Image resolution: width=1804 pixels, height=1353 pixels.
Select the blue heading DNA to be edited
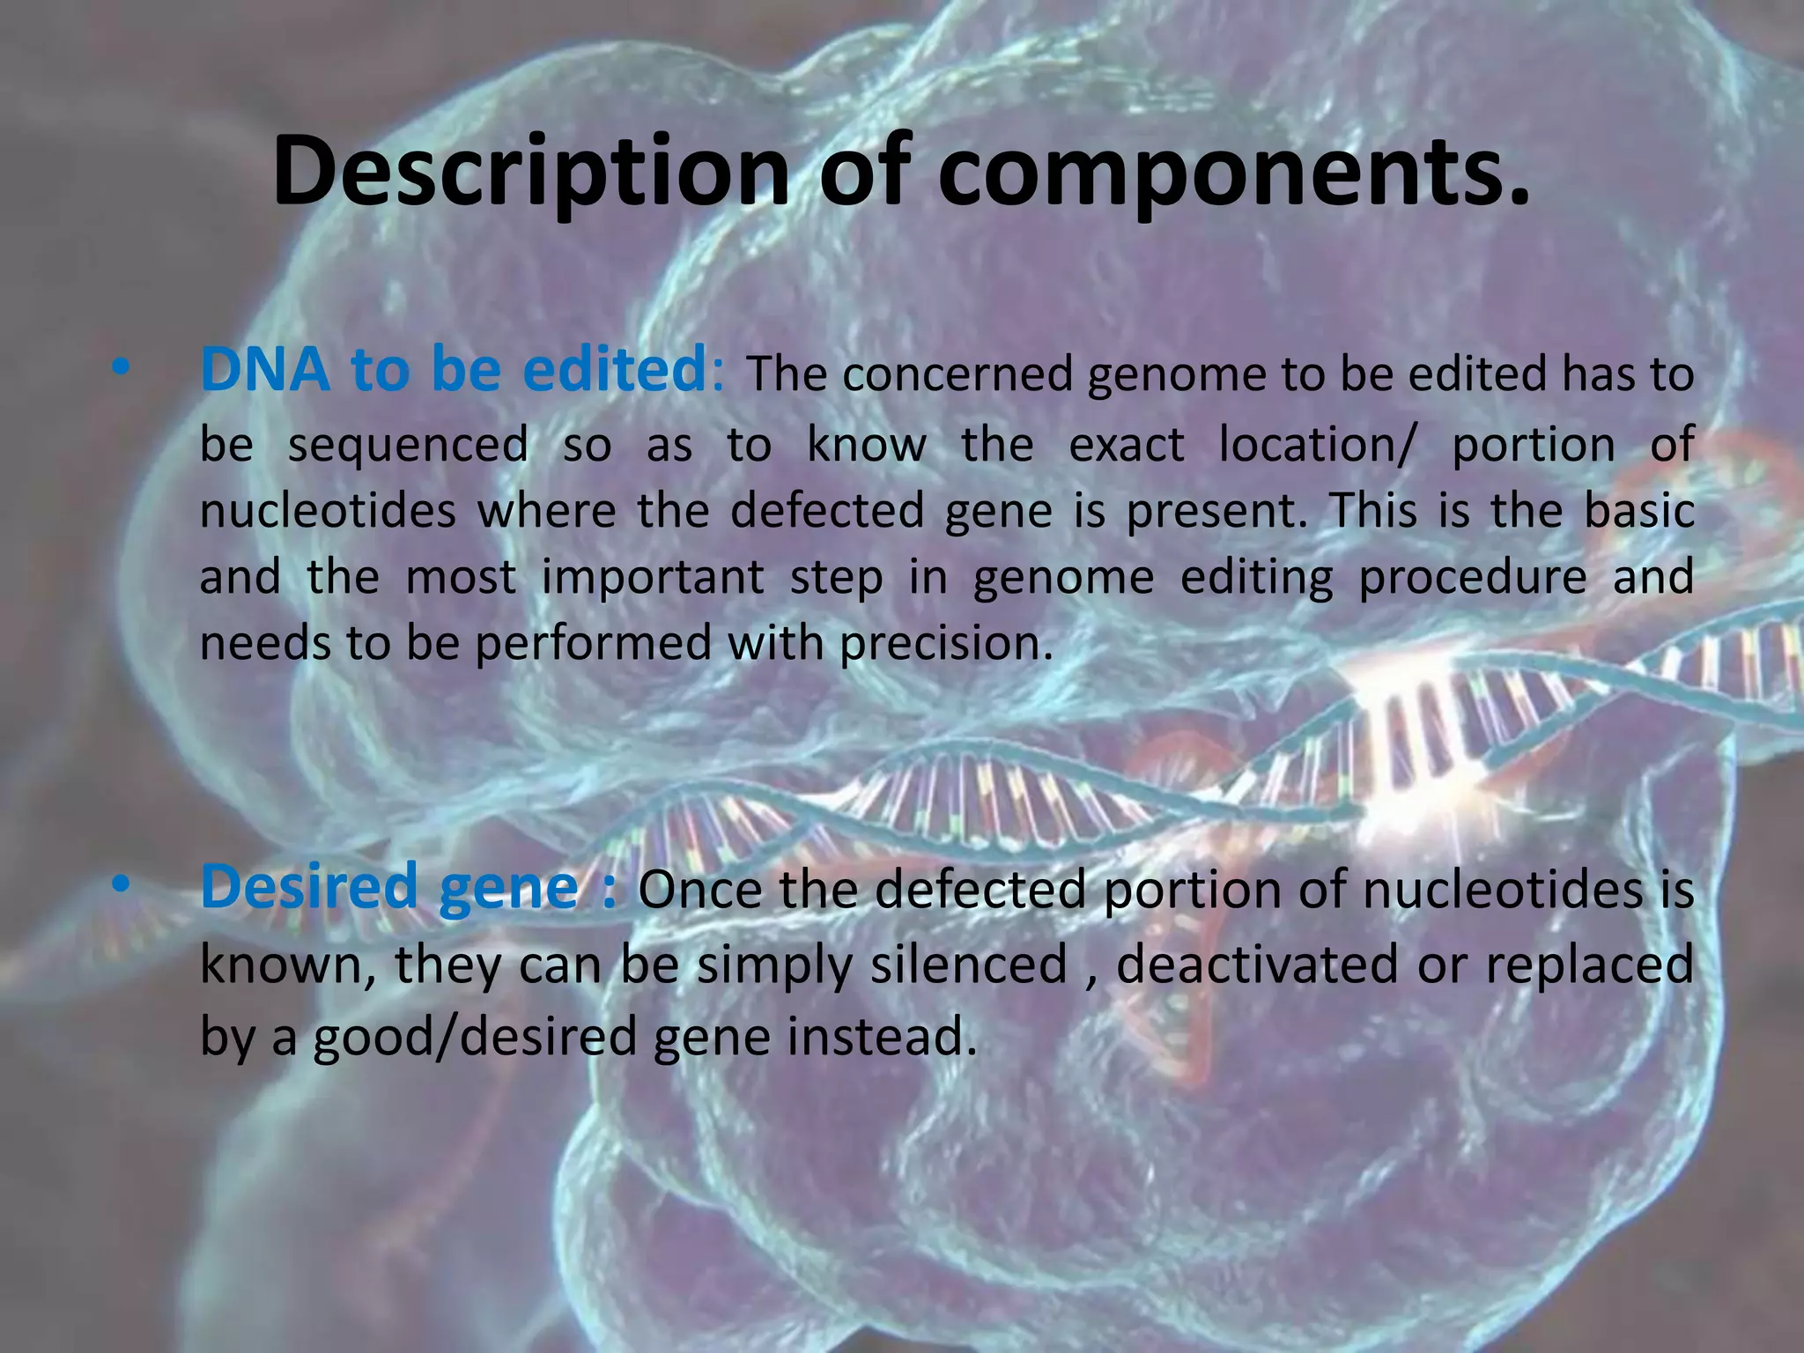pyautogui.click(x=454, y=370)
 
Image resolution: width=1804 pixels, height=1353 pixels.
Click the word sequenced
pyautogui.click(x=408, y=445)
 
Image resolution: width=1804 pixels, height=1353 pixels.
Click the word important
pyautogui.click(x=653, y=579)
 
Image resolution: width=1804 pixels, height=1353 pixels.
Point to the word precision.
pyautogui.click(x=946, y=644)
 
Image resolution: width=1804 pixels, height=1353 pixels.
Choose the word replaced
pyautogui.click(x=1589, y=964)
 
